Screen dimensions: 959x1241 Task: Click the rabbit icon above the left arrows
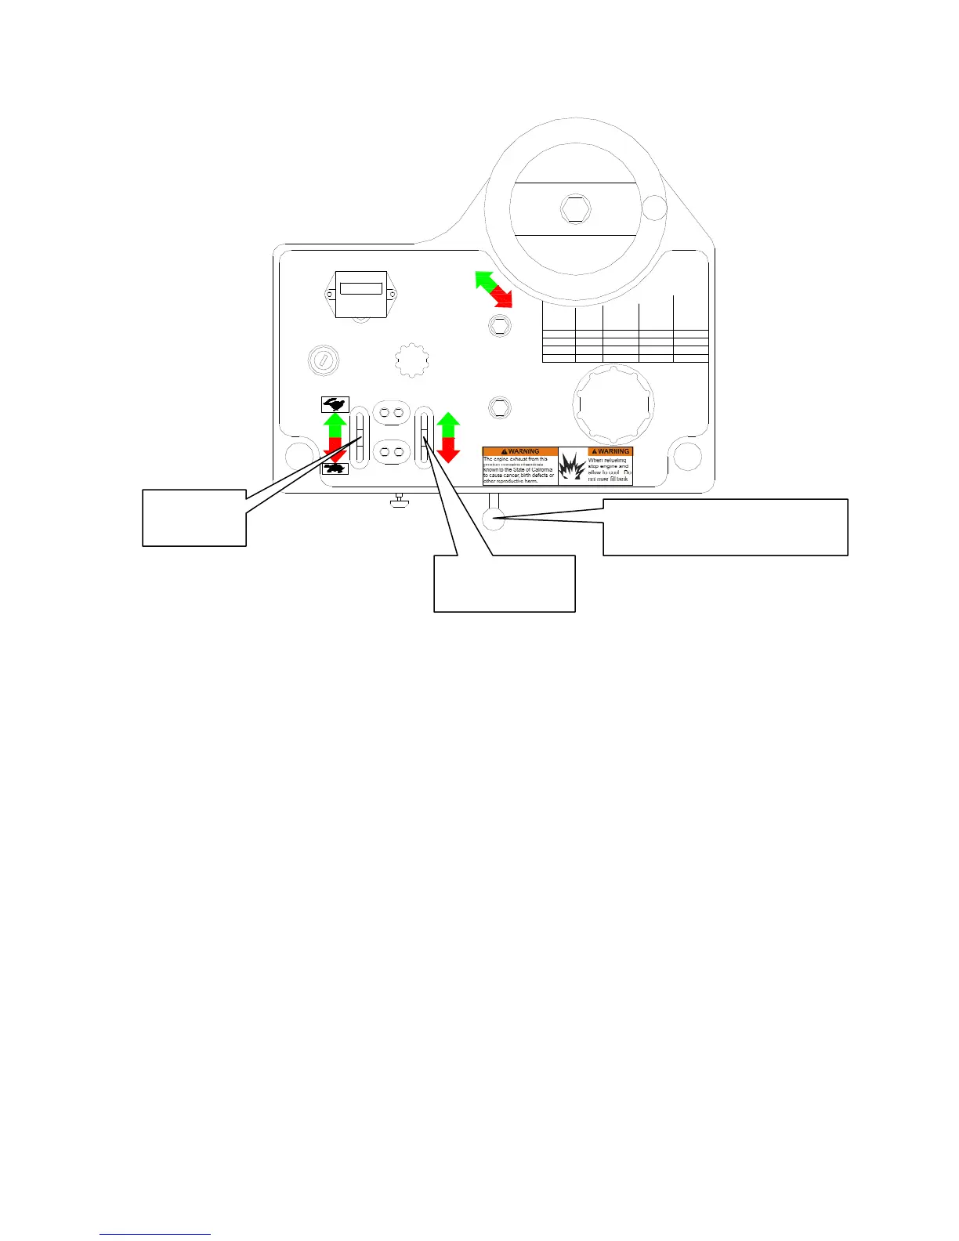click(x=335, y=404)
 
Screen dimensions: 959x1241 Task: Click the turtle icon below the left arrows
click(x=335, y=469)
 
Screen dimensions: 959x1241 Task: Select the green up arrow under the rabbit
click(x=335, y=425)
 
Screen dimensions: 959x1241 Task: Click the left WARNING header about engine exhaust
click(x=520, y=451)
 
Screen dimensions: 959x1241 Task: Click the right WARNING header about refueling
click(x=610, y=451)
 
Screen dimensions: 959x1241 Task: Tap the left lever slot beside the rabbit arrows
click(x=360, y=437)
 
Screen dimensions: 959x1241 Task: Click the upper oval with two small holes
click(x=391, y=411)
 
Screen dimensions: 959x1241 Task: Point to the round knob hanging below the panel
click(x=494, y=519)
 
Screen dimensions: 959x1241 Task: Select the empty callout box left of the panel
click(x=194, y=517)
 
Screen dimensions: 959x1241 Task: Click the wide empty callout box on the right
click(x=725, y=526)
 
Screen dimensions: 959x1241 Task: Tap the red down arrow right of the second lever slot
click(x=448, y=449)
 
